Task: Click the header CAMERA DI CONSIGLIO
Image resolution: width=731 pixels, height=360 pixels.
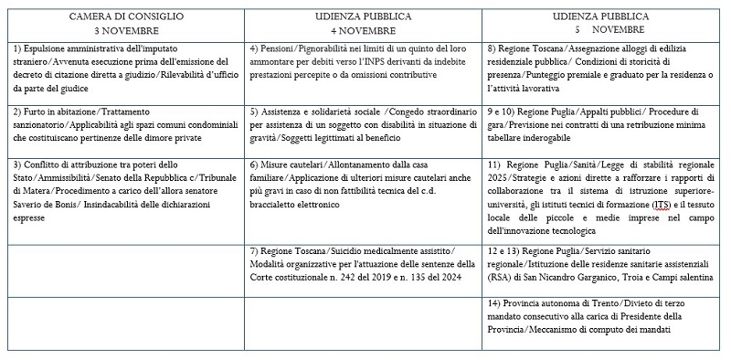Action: (x=126, y=16)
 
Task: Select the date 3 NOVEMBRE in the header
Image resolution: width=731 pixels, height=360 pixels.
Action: (x=126, y=28)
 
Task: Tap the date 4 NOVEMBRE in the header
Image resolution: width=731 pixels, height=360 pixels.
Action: (x=363, y=28)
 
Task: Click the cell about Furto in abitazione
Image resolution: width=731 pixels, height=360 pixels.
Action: (x=126, y=124)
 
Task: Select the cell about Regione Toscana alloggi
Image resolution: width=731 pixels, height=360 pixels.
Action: (x=602, y=68)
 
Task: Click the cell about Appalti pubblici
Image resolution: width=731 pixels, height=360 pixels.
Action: (x=602, y=124)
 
